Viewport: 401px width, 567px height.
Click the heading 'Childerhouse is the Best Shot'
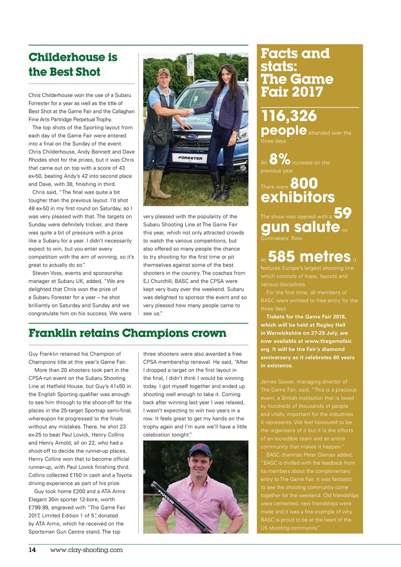(x=73, y=64)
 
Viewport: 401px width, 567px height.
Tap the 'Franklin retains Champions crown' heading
(x=127, y=333)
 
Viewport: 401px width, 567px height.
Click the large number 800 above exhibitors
(x=304, y=183)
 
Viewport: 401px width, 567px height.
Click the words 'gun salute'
(x=300, y=227)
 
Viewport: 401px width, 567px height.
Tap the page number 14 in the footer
(x=32, y=550)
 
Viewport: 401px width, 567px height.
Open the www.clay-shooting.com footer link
(x=86, y=550)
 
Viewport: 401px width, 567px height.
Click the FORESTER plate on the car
(x=190, y=158)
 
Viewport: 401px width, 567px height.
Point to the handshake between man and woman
(x=187, y=112)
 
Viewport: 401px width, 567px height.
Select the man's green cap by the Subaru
(x=164, y=72)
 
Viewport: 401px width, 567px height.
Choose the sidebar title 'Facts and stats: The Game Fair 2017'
(x=297, y=73)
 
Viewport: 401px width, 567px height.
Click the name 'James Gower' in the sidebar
(x=278, y=381)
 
